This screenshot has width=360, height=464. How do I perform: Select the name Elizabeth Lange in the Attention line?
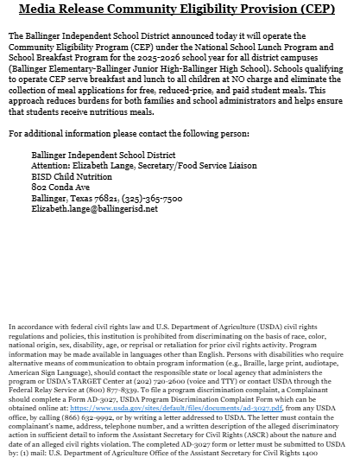click(x=103, y=162)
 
